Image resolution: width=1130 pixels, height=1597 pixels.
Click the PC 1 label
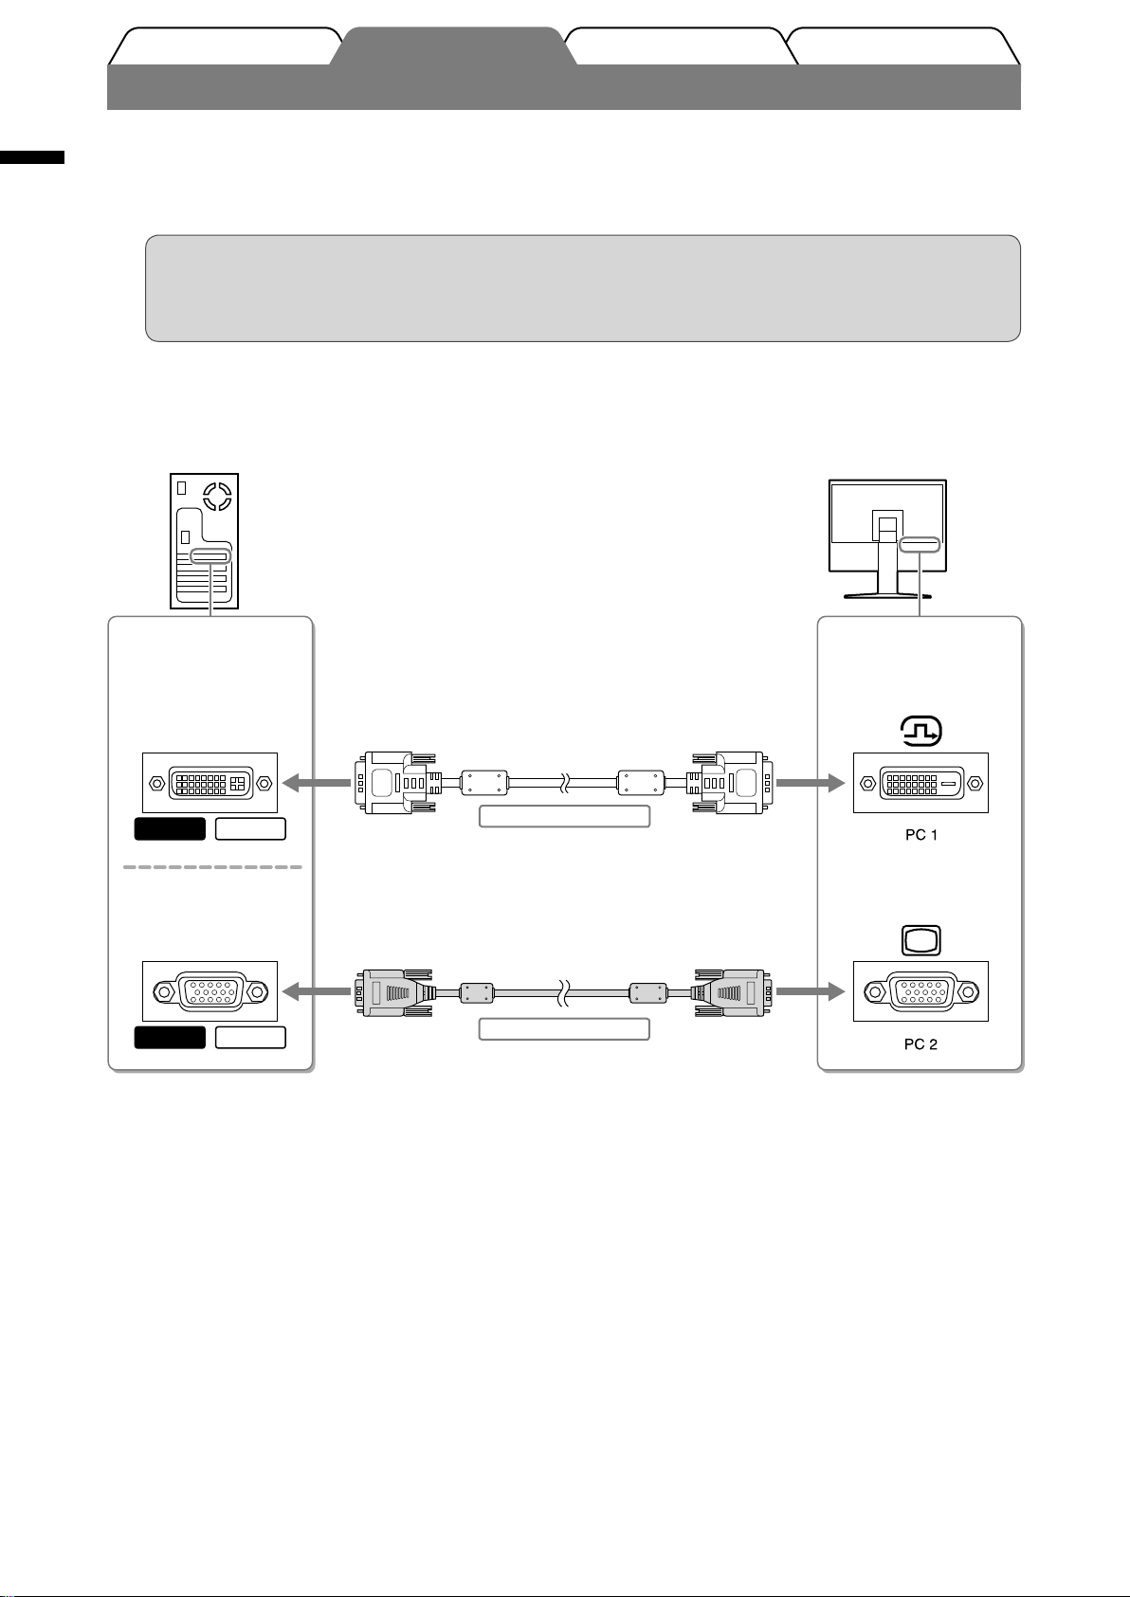(x=920, y=835)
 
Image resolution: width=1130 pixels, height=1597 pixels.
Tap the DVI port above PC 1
(x=920, y=783)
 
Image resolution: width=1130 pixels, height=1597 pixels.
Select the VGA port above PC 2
(x=920, y=991)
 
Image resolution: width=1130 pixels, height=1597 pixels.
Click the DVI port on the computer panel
(x=210, y=783)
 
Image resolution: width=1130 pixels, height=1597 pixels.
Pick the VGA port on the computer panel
(x=210, y=991)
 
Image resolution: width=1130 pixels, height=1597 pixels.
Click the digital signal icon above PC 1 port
(x=920, y=731)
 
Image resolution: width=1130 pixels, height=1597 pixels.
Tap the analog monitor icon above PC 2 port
(x=920, y=941)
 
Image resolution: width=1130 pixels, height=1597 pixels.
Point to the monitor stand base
(x=887, y=595)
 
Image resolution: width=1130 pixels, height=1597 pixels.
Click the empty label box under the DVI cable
(x=564, y=816)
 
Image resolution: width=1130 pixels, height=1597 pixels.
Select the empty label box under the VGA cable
(x=564, y=1028)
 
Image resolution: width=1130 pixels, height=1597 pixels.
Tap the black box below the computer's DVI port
(x=170, y=828)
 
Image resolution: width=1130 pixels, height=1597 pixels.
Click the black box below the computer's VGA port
(x=170, y=1037)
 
